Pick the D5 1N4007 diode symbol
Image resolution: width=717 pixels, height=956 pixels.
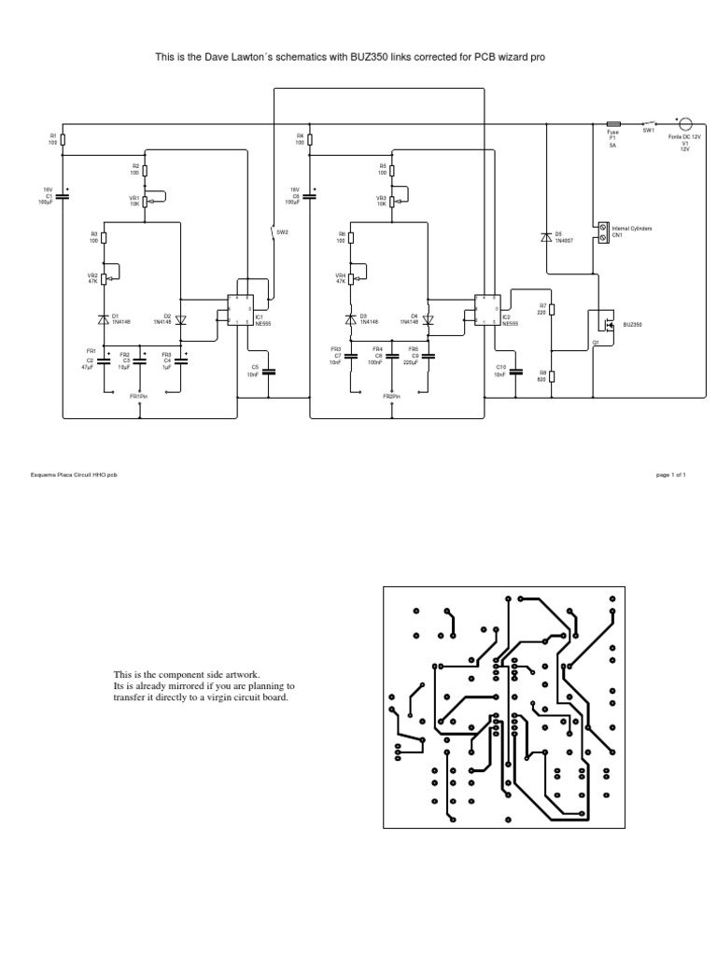click(x=546, y=236)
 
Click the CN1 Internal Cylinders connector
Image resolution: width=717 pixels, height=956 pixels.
click(x=602, y=231)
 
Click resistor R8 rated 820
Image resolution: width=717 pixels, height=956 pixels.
click(x=553, y=376)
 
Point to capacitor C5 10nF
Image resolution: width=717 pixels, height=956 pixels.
click(x=268, y=371)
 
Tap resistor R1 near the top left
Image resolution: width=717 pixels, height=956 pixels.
click(x=63, y=139)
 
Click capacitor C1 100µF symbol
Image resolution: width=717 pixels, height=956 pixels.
click(x=63, y=196)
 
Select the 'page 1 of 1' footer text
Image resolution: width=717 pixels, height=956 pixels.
click(x=671, y=475)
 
